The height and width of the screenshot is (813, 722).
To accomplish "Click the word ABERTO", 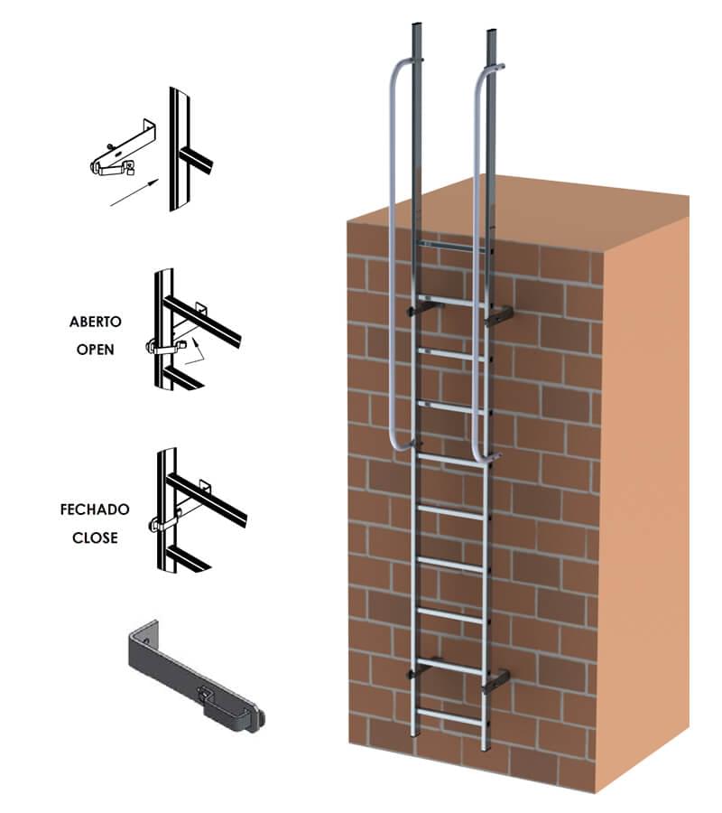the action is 96,322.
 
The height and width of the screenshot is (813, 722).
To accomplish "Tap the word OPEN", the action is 96,350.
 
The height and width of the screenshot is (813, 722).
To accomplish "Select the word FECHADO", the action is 95,509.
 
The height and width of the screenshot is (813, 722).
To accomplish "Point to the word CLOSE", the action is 95,537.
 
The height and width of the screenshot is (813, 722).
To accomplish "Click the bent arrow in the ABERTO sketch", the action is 196,352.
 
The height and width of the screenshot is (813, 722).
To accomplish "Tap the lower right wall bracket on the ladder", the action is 496,681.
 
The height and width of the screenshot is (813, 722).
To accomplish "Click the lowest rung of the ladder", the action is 449,715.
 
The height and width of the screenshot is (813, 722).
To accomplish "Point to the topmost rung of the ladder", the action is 452,245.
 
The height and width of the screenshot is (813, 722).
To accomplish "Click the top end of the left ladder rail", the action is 416,25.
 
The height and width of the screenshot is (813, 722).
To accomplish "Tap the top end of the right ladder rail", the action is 492,32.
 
